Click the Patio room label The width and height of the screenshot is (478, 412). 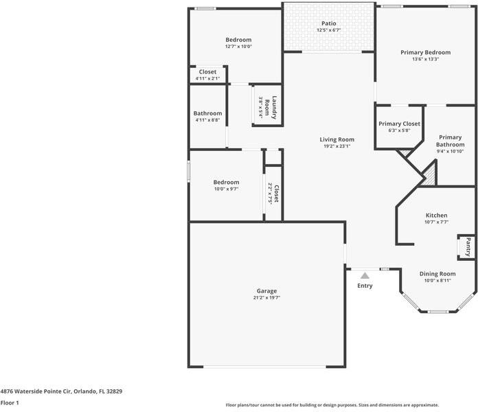(328, 23)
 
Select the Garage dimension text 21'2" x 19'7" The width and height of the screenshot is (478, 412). (267, 297)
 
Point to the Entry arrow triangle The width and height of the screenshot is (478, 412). (365, 275)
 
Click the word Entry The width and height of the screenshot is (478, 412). (365, 286)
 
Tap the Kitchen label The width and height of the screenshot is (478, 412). (436, 215)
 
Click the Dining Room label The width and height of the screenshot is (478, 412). (437, 273)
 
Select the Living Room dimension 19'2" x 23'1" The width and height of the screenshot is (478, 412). (337, 146)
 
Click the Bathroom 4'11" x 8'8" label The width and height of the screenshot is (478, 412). (207, 113)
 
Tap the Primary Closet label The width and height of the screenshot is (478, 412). (399, 124)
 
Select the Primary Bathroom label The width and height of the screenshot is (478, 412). (450, 141)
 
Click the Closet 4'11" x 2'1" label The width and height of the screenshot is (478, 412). (207, 72)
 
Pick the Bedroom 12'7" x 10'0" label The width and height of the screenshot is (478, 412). (238, 40)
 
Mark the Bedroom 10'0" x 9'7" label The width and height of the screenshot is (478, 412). (226, 182)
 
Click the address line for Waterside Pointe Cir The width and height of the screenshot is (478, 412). (61, 391)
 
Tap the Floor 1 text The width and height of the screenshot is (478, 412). (9, 403)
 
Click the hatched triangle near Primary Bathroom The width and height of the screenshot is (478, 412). (429, 173)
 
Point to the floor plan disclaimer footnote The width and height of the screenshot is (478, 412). (332, 405)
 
